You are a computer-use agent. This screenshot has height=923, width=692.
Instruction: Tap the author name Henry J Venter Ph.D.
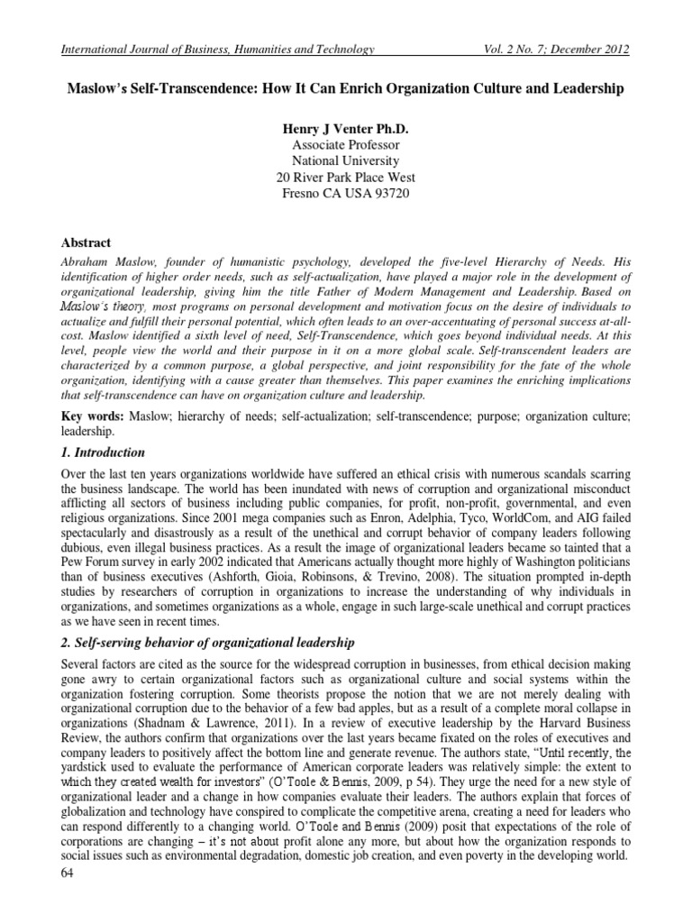[x=345, y=129]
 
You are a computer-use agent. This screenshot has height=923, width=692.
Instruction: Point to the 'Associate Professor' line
[x=345, y=145]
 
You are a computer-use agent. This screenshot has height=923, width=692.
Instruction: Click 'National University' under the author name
[x=345, y=161]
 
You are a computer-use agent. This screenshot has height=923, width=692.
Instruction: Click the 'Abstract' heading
[x=86, y=243]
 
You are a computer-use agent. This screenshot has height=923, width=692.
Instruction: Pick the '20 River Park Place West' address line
[x=345, y=178]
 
